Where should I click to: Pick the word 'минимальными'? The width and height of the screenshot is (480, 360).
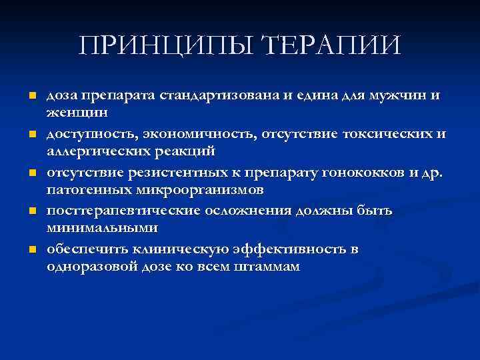tap(101, 228)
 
